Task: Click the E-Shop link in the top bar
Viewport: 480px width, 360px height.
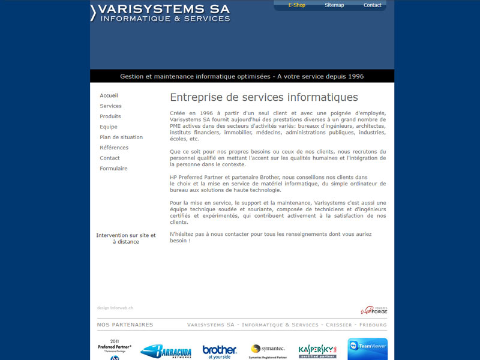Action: tap(296, 5)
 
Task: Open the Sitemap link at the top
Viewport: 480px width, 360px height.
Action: tap(334, 5)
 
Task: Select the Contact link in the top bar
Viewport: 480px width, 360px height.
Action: tap(372, 5)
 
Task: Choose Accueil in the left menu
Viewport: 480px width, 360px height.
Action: tap(109, 95)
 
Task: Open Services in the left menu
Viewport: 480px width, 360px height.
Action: tap(110, 106)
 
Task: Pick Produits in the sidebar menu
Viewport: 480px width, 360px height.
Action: tap(110, 116)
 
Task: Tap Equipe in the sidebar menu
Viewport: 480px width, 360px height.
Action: tap(109, 127)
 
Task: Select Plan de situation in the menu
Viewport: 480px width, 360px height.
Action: tap(121, 137)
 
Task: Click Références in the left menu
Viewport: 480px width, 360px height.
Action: tap(114, 148)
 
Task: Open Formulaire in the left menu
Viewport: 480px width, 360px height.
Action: tap(113, 169)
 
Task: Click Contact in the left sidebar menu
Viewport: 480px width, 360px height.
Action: tap(110, 158)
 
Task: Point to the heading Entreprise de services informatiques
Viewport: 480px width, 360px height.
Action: tap(264, 97)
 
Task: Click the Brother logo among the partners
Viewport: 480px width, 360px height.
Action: tap(220, 352)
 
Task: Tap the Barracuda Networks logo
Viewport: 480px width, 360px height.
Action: tap(166, 352)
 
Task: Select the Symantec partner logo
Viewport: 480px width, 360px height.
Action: tap(268, 351)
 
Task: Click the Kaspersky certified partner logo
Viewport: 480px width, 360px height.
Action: tap(317, 351)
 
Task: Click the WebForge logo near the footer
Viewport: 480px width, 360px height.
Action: tap(374, 310)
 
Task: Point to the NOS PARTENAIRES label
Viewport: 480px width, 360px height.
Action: tap(125, 325)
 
